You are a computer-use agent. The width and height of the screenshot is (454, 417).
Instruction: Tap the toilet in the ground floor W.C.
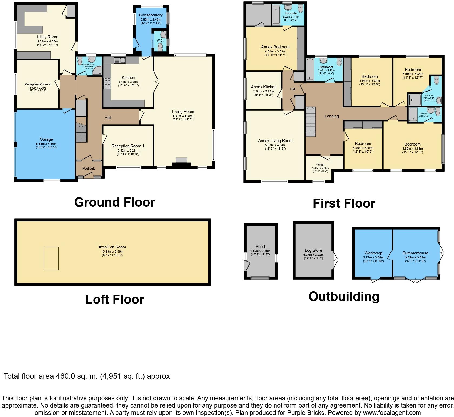[x=160, y=47]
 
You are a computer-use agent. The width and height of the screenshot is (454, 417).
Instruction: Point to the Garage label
[x=46, y=140]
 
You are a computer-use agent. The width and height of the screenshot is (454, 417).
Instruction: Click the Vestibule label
[x=89, y=169]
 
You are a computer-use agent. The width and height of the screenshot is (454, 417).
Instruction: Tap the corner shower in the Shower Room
[x=97, y=71]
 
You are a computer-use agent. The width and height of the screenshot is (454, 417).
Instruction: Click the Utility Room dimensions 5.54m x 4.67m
[x=47, y=41]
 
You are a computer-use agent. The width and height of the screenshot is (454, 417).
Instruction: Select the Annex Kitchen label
[x=263, y=87]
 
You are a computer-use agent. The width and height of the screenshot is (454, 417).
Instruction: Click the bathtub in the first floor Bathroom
[x=310, y=69]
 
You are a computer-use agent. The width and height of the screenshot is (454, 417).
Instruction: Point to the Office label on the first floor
[x=320, y=165]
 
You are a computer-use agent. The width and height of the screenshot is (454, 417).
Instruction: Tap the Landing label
[x=332, y=116]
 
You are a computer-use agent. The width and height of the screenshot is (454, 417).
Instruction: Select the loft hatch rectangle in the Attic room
[x=51, y=258]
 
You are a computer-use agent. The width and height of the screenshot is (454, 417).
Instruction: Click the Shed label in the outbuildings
[x=260, y=247]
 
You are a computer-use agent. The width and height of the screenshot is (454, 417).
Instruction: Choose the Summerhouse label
[x=415, y=253]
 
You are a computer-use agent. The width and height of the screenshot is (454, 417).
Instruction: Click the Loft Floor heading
[x=115, y=300]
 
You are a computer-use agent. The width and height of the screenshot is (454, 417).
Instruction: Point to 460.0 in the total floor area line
[x=65, y=376]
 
